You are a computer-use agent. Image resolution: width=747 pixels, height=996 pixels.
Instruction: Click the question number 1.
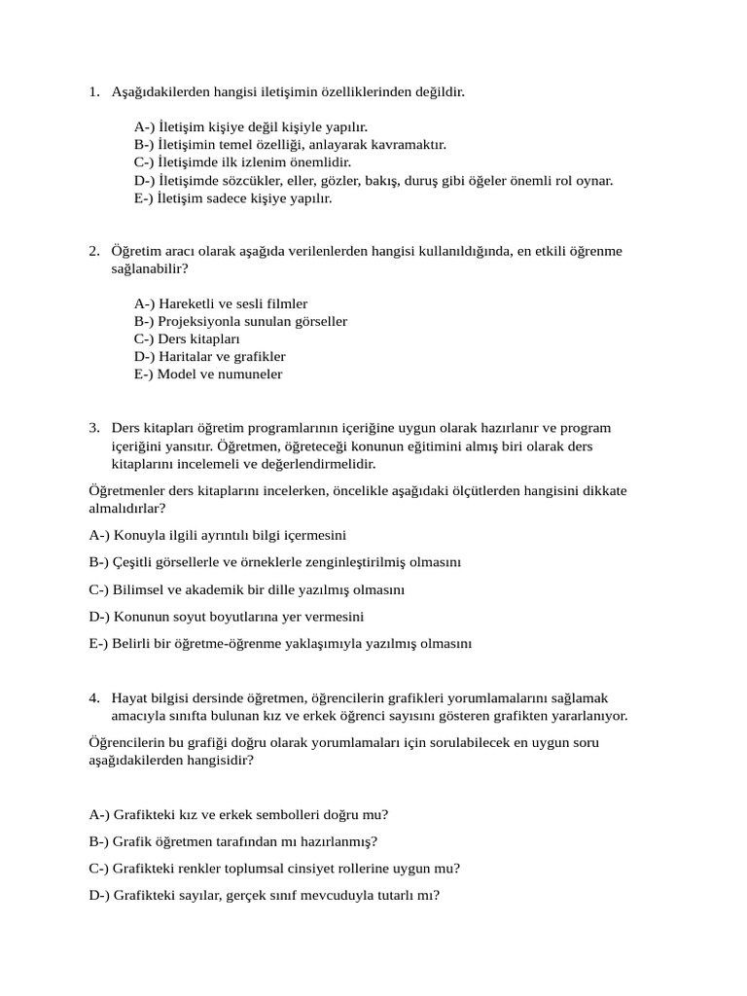(93, 92)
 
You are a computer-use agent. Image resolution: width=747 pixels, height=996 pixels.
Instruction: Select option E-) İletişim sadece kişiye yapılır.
(233, 198)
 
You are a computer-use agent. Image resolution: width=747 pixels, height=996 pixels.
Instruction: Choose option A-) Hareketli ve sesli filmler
(221, 304)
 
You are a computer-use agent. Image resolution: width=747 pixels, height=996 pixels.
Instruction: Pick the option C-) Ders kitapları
(187, 339)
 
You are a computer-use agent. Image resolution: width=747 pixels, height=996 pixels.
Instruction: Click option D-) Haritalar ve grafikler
(209, 357)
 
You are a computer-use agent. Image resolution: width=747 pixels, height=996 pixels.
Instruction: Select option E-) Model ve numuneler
(208, 374)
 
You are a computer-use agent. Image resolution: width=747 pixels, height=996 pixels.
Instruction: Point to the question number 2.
(93, 251)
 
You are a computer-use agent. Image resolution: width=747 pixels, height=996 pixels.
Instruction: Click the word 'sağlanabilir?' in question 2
(150, 268)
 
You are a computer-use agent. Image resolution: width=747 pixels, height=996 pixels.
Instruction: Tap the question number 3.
(93, 428)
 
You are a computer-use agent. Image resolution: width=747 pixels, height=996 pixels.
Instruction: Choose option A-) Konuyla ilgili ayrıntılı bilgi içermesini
(217, 535)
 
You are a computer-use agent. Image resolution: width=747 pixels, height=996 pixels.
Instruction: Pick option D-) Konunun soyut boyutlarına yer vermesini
(226, 617)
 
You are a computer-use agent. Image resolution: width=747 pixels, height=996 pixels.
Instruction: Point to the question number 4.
(93, 698)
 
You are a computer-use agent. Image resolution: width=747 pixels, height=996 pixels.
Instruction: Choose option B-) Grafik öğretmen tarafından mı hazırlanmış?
(233, 842)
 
